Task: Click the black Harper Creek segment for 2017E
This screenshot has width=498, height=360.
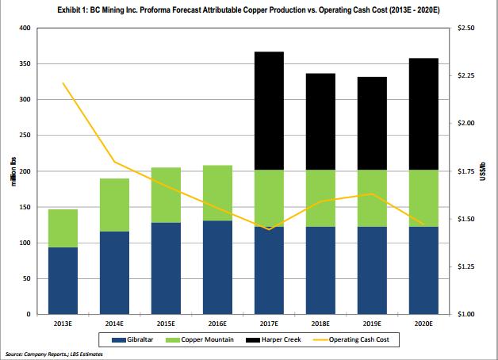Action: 268,111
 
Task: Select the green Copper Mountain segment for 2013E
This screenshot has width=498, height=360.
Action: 63,228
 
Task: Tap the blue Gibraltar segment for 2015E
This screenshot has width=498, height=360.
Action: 166,268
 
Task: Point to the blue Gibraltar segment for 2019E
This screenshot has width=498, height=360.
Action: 371,270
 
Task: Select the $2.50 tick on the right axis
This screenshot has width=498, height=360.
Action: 467,29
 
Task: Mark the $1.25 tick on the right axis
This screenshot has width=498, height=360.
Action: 467,266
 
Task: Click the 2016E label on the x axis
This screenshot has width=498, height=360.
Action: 216,324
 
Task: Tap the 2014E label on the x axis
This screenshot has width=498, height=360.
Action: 114,324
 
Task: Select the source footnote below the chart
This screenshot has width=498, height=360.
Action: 53,354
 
